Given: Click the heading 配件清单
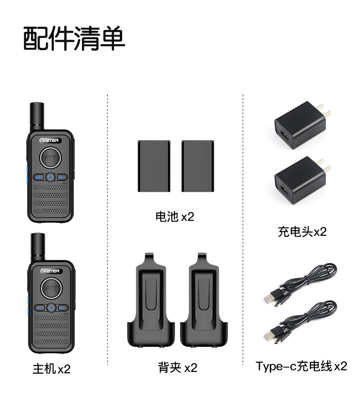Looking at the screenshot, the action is pyautogui.click(x=74, y=38).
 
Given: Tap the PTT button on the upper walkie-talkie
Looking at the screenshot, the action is pyautogui.click(x=50, y=157).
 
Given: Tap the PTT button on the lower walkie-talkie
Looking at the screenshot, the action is pyautogui.click(x=51, y=288).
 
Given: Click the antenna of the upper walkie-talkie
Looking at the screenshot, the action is pyautogui.click(x=37, y=117).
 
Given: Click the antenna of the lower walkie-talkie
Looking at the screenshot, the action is pyautogui.click(x=38, y=247).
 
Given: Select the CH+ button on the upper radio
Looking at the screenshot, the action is pyautogui.click(x=39, y=177).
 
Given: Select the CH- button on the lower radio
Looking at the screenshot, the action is pyautogui.click(x=63, y=308).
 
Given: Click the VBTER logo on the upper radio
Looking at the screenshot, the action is pyautogui.click(x=51, y=140).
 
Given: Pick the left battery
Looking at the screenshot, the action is pyautogui.click(x=154, y=166).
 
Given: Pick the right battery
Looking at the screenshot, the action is pyautogui.click(x=198, y=166).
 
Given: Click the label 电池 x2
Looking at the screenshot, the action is pyautogui.click(x=175, y=217).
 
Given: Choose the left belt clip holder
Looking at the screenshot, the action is pyautogui.click(x=151, y=300).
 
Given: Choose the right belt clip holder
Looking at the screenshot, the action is pyautogui.click(x=204, y=300).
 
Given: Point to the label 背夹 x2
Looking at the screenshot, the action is pyautogui.click(x=178, y=367).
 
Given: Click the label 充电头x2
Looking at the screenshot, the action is pyautogui.click(x=302, y=232).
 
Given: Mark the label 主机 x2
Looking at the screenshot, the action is pyautogui.click(x=51, y=369).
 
